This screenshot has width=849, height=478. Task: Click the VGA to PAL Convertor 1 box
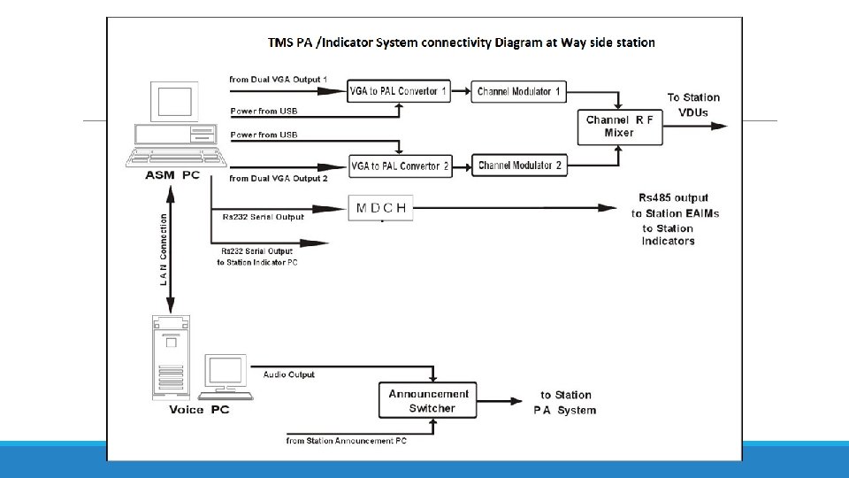pyautogui.click(x=399, y=91)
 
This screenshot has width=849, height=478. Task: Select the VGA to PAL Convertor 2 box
pyautogui.click(x=400, y=166)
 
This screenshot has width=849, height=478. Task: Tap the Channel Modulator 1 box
pyautogui.click(x=519, y=91)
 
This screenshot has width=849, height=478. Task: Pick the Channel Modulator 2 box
pyautogui.click(x=519, y=166)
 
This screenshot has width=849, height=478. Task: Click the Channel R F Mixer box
pyautogui.click(x=618, y=127)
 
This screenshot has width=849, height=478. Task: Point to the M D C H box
pyautogui.click(x=381, y=208)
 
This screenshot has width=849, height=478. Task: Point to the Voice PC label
pyautogui.click(x=199, y=410)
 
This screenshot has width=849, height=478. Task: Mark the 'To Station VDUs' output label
pyautogui.click(x=693, y=104)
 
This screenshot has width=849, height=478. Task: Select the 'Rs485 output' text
pyautogui.click(x=673, y=197)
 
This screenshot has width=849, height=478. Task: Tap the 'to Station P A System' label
pyautogui.click(x=565, y=402)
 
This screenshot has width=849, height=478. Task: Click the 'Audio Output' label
pyautogui.click(x=288, y=374)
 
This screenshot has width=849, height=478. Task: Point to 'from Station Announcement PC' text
pyautogui.click(x=346, y=440)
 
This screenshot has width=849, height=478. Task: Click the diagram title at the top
pyautogui.click(x=462, y=42)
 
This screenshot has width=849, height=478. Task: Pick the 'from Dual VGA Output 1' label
pyautogui.click(x=278, y=80)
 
